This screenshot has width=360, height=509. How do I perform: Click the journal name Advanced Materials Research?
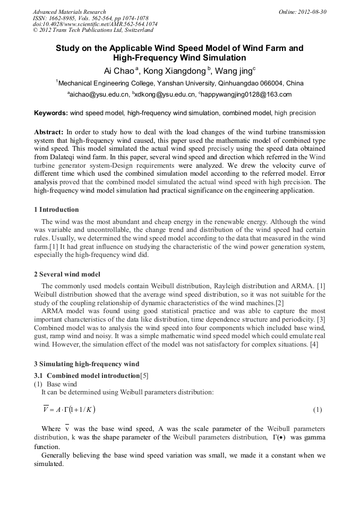tap(70, 12)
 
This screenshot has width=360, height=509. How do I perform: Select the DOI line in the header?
tap(95, 24)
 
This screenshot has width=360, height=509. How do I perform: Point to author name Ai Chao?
tap(118, 71)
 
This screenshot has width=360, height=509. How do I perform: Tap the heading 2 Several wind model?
tap(67, 274)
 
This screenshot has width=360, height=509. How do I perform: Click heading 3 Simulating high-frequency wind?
tap(87, 364)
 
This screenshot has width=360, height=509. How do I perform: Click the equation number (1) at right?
tap(317, 410)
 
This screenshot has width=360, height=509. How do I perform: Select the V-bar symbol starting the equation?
tap(46, 409)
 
